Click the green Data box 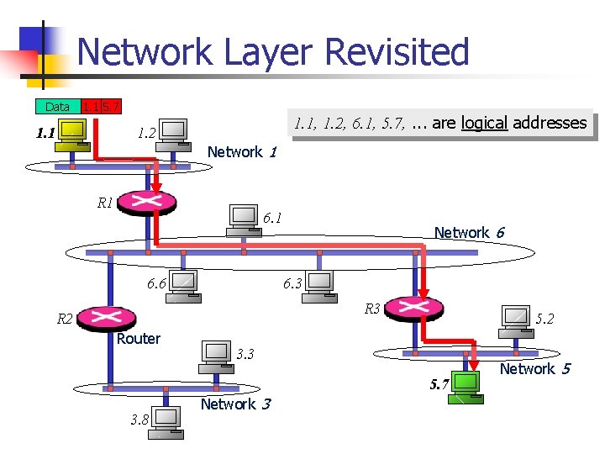click(57, 107)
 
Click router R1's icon click(147, 202)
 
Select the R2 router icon click(108, 317)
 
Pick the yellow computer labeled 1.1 click(71, 135)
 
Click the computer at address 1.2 click(174, 132)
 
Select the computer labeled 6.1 click(244, 219)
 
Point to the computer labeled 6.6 click(183, 284)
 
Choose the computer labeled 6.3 click(319, 284)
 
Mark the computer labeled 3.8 click(166, 420)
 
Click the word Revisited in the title click(396, 52)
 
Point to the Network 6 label click(468, 233)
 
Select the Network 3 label click(234, 404)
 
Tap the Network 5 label click(534, 369)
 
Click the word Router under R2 click(139, 339)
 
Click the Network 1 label click(241, 152)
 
